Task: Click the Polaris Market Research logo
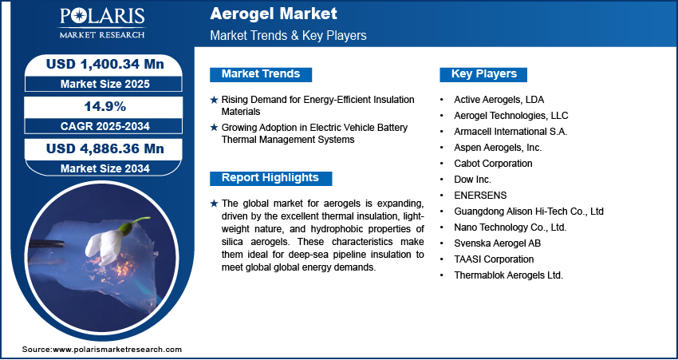tap(102, 23)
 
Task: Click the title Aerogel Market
tap(274, 14)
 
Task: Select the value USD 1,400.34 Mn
tap(105, 65)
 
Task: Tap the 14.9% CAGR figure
tap(104, 106)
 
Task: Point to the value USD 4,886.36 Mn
tap(105, 148)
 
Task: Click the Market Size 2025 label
tap(105, 84)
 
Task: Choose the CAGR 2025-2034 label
tap(105, 126)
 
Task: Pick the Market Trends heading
tap(261, 74)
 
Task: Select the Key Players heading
tap(484, 74)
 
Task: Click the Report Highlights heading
tap(270, 178)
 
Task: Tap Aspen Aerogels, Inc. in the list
tap(498, 148)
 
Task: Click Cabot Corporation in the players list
tap(493, 164)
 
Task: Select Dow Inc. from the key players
tap(473, 179)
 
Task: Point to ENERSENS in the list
tap(480, 195)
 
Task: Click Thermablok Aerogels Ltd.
tap(509, 275)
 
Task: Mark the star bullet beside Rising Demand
tap(214, 100)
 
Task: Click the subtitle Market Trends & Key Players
tap(289, 35)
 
